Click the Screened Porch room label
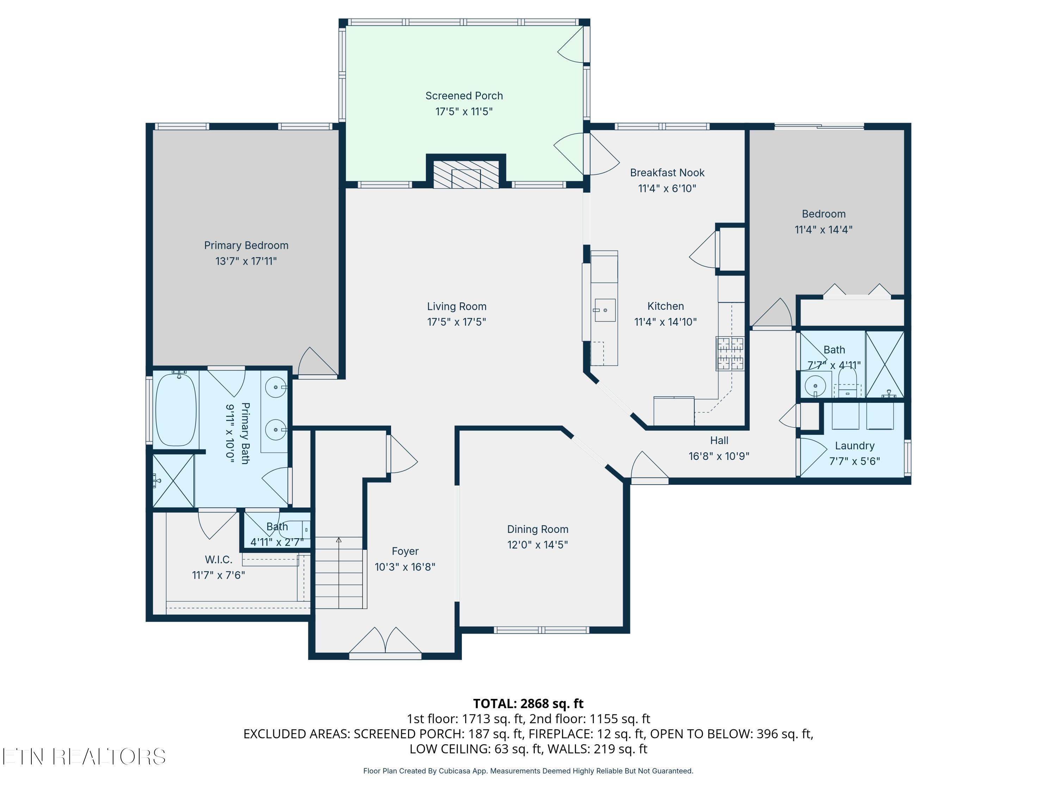(x=464, y=96)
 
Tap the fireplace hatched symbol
(x=465, y=174)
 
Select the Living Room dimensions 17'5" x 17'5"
(x=456, y=322)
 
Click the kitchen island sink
(x=605, y=310)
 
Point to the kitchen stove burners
(x=730, y=353)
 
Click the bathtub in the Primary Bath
(x=176, y=409)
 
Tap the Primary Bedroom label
(x=246, y=245)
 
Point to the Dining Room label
(x=538, y=529)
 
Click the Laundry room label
(x=854, y=445)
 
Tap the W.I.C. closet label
(x=218, y=559)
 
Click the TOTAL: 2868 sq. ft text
(x=528, y=703)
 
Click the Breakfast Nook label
(x=667, y=173)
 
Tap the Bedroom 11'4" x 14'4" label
(x=823, y=221)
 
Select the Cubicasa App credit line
(x=528, y=771)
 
